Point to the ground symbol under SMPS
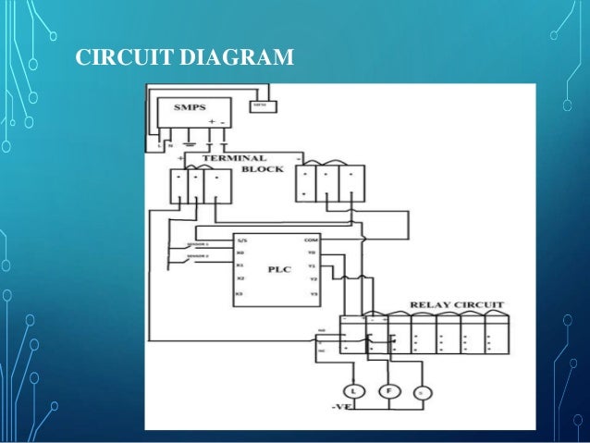coord(190,143)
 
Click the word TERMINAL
coord(234,158)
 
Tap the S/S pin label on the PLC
coord(242,240)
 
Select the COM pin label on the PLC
coord(312,239)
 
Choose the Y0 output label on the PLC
coord(313,252)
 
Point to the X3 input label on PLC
coord(240,293)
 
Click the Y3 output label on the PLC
coord(313,293)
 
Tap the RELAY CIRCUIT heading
coord(449,304)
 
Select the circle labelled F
coord(391,391)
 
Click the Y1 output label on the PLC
coord(313,265)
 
